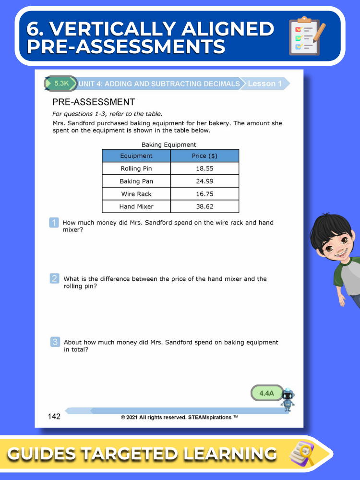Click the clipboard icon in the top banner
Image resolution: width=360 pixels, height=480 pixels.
click(x=307, y=36)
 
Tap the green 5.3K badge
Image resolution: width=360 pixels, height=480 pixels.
click(x=61, y=83)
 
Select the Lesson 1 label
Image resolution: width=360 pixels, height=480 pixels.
click(x=264, y=84)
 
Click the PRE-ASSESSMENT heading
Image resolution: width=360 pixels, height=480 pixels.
click(x=94, y=102)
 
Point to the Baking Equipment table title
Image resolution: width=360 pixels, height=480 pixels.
click(x=169, y=144)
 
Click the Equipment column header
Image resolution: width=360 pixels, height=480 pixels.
click(x=136, y=156)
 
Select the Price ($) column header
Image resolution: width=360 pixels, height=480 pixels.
click(x=205, y=156)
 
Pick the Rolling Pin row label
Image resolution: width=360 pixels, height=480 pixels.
click(x=136, y=168)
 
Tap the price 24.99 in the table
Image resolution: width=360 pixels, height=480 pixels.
click(x=205, y=181)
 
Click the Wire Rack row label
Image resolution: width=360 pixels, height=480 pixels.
click(x=136, y=194)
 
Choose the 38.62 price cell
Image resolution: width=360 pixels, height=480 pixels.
click(x=205, y=206)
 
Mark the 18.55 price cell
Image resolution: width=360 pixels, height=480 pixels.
click(x=205, y=168)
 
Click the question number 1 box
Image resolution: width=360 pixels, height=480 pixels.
click(x=54, y=223)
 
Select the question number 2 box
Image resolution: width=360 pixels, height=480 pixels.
click(x=55, y=279)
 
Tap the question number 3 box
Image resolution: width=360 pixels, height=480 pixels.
click(x=55, y=342)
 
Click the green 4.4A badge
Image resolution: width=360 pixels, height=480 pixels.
click(x=266, y=393)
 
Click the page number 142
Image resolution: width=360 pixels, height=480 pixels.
click(x=54, y=416)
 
